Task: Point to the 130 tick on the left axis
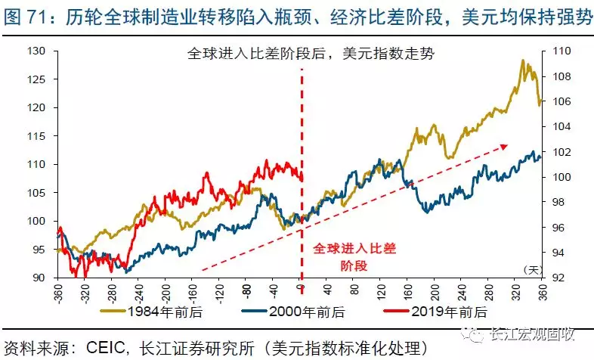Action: pos(37,51)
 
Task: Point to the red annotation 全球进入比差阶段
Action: pos(354,256)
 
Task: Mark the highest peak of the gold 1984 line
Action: pos(522,61)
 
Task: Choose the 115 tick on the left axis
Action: pos(37,136)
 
